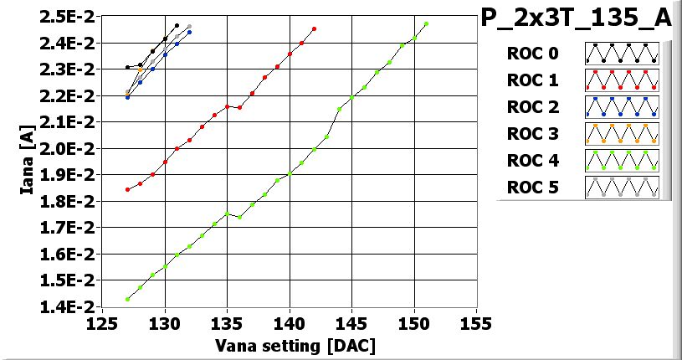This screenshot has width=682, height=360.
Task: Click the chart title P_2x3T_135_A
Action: click(x=576, y=18)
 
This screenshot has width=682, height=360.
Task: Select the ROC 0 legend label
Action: click(x=532, y=54)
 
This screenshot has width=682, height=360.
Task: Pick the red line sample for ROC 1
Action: click(x=622, y=80)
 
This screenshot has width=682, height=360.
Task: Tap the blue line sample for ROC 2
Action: click(x=622, y=107)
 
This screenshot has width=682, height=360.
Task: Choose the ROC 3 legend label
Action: click(x=532, y=133)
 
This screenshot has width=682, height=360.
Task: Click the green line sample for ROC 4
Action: click(x=622, y=160)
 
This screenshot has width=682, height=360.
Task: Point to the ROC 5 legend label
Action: click(x=532, y=187)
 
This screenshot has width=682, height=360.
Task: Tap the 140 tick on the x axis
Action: click(x=290, y=323)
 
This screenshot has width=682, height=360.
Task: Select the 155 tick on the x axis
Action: click(x=476, y=323)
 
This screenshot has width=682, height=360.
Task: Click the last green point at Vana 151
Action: click(x=426, y=24)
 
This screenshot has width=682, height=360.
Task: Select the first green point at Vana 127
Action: click(x=127, y=299)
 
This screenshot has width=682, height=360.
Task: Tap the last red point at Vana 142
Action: click(x=314, y=28)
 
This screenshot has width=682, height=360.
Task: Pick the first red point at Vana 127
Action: click(x=127, y=189)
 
